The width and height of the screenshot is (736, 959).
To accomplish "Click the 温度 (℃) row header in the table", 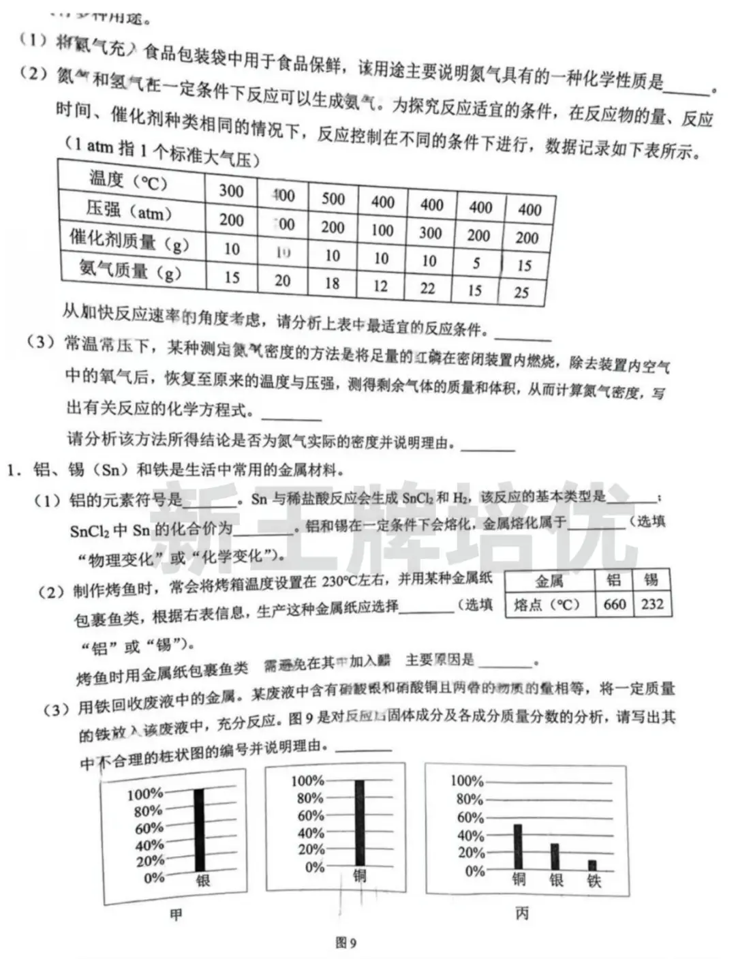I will pos(128,181).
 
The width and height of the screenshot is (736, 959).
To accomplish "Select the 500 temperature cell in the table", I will pos(333,198).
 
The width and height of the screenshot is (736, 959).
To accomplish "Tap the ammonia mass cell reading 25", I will pos(521,292).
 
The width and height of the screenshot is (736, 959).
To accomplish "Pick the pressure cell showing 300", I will pos(431,232).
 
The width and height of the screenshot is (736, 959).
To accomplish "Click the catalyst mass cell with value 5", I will pos(476,262).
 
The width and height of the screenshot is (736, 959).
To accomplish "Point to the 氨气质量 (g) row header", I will pos(129,271).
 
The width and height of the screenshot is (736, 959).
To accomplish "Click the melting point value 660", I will pos(614,604).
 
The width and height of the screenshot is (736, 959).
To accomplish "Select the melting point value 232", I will pos(652,604).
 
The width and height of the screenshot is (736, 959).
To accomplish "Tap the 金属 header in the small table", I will pos(549,581).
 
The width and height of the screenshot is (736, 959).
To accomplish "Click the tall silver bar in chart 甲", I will pos(199,829).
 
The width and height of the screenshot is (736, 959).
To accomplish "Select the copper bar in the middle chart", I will pos(359,823).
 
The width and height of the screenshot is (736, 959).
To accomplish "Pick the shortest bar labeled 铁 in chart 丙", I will pos(592,865).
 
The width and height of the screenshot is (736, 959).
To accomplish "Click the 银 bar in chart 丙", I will pos(555,856).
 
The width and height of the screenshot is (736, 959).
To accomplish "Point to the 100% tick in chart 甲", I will pos(144,794).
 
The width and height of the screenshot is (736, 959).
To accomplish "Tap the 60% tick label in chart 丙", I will pos(470,817).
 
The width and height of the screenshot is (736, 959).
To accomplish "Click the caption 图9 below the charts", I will pos(346,943).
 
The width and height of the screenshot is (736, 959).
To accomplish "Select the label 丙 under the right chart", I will pos(521,913).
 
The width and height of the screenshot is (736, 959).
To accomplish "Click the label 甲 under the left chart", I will pos(176,915).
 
